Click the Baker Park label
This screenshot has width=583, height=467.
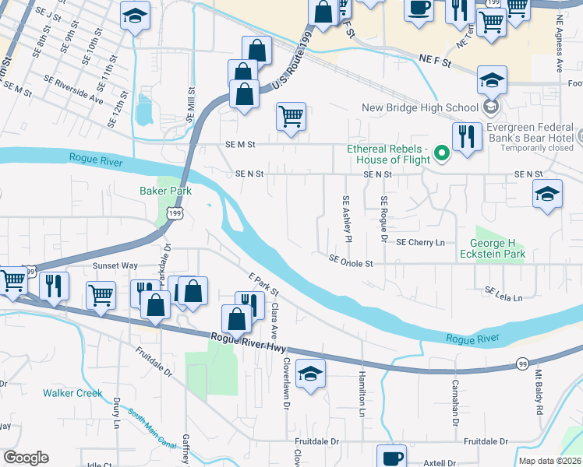pos(165,191)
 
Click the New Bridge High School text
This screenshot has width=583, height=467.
pos(419,107)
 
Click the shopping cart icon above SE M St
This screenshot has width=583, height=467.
pos(291,117)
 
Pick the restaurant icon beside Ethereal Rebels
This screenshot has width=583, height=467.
pos(466,137)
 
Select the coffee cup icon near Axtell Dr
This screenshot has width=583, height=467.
pos(391,457)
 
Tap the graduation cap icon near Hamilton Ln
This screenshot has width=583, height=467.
pos(310,375)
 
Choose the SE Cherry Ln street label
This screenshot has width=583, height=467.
pos(420,242)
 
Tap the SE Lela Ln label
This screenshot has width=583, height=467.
pos(503,293)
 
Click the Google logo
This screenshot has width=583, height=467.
pos(26,457)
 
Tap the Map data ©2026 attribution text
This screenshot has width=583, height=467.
pos(549,461)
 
